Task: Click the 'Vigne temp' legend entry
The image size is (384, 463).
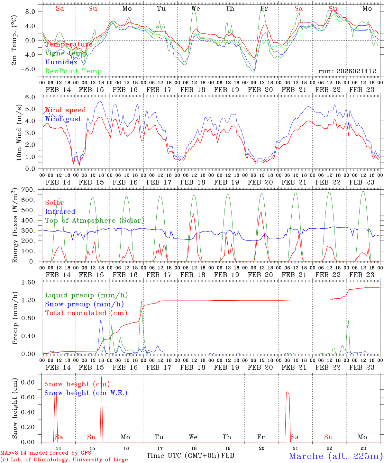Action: tap(66, 53)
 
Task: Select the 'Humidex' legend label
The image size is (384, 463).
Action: tap(61, 62)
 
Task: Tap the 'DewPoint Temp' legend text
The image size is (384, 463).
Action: tap(73, 71)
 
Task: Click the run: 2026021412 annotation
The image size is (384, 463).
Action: tap(347, 71)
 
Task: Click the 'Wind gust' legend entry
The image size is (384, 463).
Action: tap(63, 119)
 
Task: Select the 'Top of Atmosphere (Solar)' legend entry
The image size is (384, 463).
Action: tap(95, 221)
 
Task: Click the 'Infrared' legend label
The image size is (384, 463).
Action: tap(60, 212)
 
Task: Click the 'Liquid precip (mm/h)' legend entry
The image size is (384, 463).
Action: tap(86, 295)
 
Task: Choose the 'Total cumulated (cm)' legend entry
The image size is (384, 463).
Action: tap(86, 313)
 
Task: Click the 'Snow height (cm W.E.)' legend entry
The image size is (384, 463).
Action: tap(86, 393)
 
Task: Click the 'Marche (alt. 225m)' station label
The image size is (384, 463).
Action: tap(336, 456)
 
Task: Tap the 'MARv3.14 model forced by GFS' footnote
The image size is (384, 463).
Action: tap(46, 453)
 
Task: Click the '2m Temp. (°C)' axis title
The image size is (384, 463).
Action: tap(14, 40)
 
